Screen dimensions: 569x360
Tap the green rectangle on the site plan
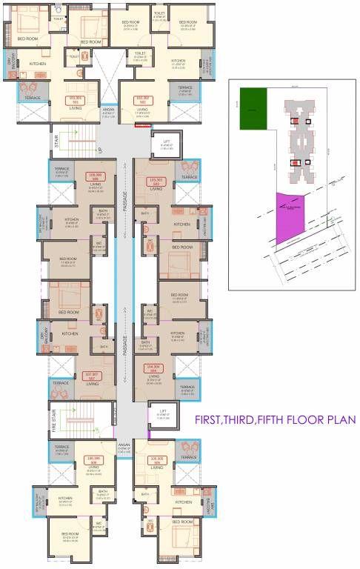click(x=253, y=99)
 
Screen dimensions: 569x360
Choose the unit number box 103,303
click(x=156, y=182)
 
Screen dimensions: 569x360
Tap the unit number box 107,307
click(x=93, y=375)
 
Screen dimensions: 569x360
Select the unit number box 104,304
click(x=154, y=367)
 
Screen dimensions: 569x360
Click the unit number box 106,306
click(x=93, y=459)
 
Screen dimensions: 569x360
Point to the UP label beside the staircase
click(x=100, y=150)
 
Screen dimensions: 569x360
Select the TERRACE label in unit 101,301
click(x=33, y=98)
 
